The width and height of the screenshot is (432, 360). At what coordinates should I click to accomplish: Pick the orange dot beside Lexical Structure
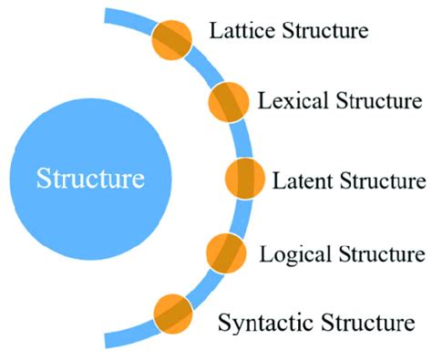point(230,101)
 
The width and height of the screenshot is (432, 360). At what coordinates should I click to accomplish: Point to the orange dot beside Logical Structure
point(228,252)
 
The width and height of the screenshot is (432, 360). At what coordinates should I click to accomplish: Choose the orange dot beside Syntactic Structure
point(172,313)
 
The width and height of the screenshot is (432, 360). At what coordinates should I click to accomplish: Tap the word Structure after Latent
point(376,178)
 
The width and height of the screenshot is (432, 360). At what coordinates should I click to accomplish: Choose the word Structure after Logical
point(377,252)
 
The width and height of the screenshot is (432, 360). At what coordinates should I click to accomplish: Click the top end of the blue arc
point(109,14)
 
